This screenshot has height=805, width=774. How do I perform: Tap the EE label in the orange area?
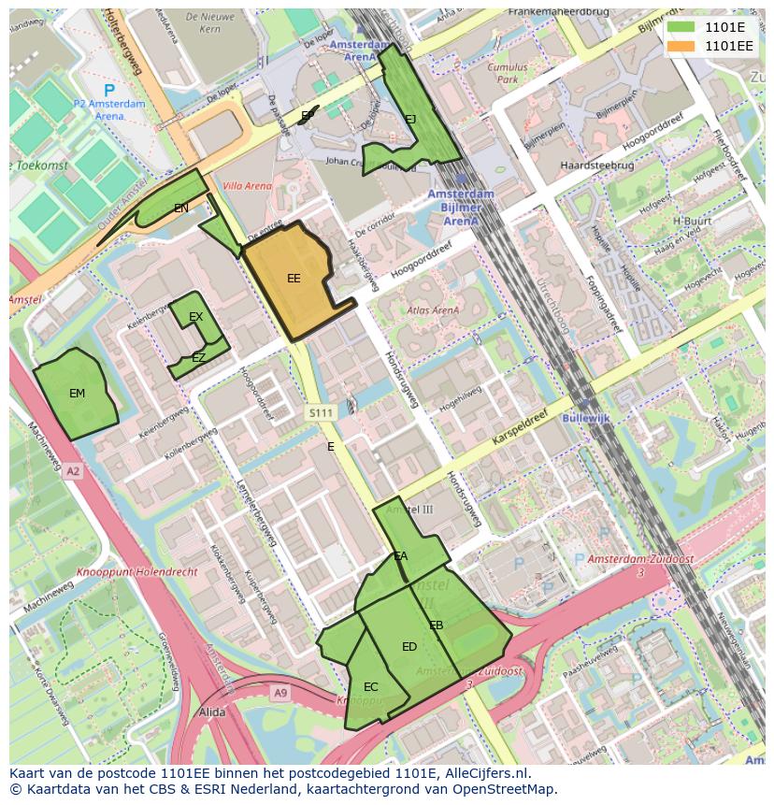pos(294,279)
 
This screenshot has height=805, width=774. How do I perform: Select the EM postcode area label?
pos(77,394)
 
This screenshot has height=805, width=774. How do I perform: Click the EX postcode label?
pos(195,318)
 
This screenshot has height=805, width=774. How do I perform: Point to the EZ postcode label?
pos(198,358)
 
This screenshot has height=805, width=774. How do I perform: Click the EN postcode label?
pos(181,208)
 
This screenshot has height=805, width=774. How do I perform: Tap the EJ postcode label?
pos(410,119)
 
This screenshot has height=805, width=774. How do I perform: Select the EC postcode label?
pos(371,687)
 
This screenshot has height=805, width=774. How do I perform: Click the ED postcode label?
pos(409,647)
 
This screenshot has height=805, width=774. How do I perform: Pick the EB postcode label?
pos(436,625)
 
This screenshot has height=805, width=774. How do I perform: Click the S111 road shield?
pos(320,412)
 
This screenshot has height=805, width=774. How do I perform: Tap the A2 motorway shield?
pos(73,472)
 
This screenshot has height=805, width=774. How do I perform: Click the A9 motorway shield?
pos(280,692)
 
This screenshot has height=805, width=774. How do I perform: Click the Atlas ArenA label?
pos(433,310)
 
